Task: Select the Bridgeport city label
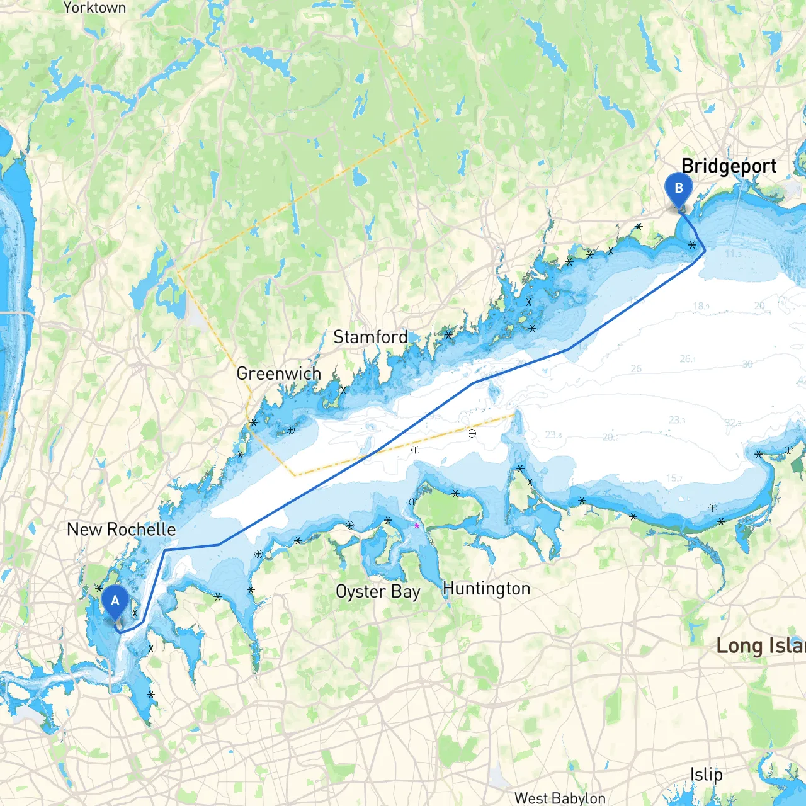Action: (729, 166)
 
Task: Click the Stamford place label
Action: (370, 338)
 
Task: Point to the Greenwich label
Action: (278, 374)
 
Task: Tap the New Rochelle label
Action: (121, 530)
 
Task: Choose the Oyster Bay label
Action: (377, 592)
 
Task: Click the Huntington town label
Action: (486, 589)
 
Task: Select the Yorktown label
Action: (94, 8)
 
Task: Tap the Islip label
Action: (706, 775)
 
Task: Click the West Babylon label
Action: (559, 798)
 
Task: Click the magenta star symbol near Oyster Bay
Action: (416, 525)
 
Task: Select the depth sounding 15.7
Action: (674, 479)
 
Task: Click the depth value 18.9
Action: (701, 306)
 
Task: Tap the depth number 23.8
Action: (553, 434)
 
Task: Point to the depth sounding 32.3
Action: (733, 423)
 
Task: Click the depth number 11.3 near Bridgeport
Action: (733, 254)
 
